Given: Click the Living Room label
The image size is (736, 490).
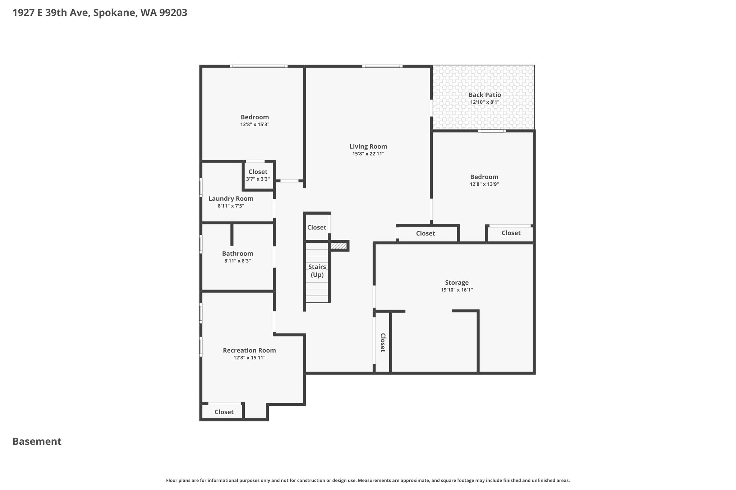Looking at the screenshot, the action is [x=368, y=146].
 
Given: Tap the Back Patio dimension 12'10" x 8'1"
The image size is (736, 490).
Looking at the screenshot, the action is [x=484, y=102].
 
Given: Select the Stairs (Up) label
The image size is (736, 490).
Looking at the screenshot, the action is [x=317, y=271].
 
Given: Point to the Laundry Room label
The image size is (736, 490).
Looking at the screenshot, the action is [x=231, y=199].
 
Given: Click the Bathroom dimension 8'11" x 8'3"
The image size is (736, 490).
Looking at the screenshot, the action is [x=237, y=261].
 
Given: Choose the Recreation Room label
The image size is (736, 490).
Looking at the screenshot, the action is [x=249, y=350].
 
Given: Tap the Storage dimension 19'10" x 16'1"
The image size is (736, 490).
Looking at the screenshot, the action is [x=456, y=290].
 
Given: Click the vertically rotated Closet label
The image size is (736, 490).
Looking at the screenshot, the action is [x=383, y=342].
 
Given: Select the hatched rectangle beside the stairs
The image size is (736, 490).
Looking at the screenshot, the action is [x=339, y=246].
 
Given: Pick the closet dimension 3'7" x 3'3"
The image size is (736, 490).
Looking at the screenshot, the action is [x=258, y=179].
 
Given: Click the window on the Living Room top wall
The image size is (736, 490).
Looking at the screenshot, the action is [x=382, y=66].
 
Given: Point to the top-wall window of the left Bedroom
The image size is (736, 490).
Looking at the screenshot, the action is [x=259, y=66].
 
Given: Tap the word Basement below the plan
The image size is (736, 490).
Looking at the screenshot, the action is [x=37, y=442].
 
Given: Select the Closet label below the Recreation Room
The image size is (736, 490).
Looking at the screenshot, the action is [x=224, y=412].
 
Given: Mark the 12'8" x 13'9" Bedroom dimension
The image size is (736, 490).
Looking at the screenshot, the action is [x=484, y=184].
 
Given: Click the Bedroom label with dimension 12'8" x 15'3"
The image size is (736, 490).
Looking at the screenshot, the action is [x=255, y=117].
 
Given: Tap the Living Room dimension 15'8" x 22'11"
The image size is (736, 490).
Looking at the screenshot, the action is [x=368, y=154].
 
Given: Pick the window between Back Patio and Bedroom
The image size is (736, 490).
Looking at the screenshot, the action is [x=492, y=131].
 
